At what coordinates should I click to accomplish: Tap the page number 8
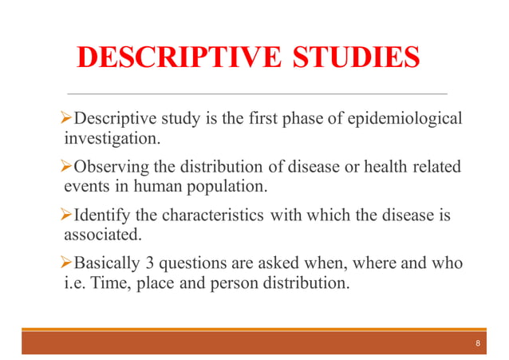[477, 343]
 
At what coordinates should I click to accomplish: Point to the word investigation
[112, 138]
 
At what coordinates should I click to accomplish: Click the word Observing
[111, 167]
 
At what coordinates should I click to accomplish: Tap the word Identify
[100, 215]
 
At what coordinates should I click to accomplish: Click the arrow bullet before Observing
[67, 167]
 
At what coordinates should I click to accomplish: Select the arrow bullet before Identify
[67, 215]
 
